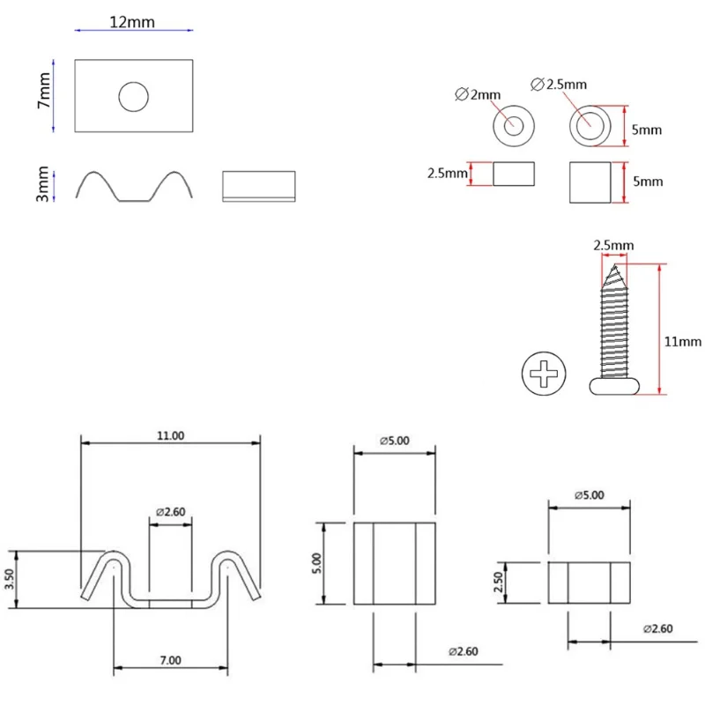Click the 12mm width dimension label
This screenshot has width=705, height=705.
pos(132,22)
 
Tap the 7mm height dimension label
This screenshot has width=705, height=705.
pos(43,91)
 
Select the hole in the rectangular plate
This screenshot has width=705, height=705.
pos(134,97)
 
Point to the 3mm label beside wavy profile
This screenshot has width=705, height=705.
pos(42,184)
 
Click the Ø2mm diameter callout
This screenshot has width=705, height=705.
pos(478,94)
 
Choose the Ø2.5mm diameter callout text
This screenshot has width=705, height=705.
pos(559,84)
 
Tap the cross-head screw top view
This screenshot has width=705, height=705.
pos(544,374)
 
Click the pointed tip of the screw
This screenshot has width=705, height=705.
pos(614,265)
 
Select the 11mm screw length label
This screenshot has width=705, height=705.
pos(682,342)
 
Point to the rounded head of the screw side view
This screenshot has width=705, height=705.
pos(614,386)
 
